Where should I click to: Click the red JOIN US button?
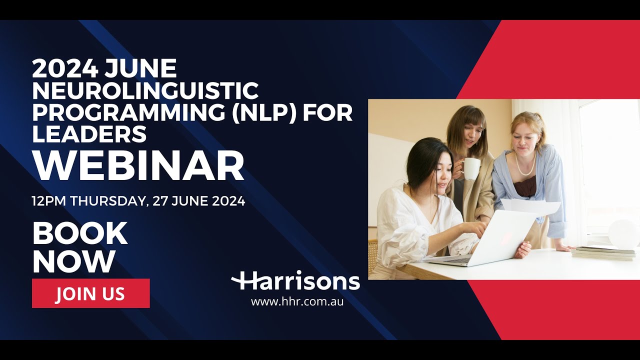(x=90, y=293)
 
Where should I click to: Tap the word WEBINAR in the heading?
(x=138, y=166)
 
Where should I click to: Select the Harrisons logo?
(x=295, y=281)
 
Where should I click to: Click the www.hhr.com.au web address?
(x=297, y=301)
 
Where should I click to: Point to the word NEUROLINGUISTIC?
(x=145, y=91)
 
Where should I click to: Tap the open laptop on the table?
(x=487, y=240)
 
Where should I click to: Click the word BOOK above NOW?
(x=80, y=233)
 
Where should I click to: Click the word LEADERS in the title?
(x=89, y=133)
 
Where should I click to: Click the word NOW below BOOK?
(x=73, y=261)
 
